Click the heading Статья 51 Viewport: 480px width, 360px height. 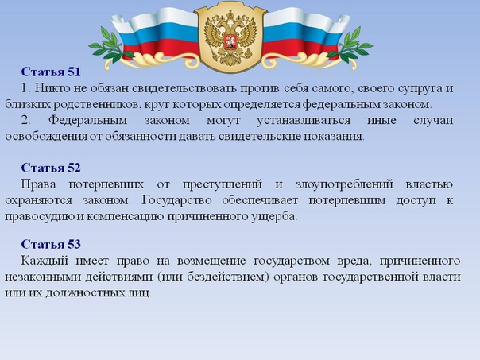tap(51, 72)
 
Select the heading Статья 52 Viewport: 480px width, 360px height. tap(51, 168)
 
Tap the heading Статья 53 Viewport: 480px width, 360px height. tap(51, 244)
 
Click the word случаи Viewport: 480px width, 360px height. tap(433, 120)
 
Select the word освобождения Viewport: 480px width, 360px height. tap(46, 137)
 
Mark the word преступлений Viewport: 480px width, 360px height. tap(223, 184)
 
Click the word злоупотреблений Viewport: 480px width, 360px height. tap(344, 185)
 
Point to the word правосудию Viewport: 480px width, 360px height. tap(40, 217)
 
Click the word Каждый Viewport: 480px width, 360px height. tap(44, 261)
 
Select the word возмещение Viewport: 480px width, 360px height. tap(211, 261)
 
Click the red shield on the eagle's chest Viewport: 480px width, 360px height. tap(230, 42)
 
